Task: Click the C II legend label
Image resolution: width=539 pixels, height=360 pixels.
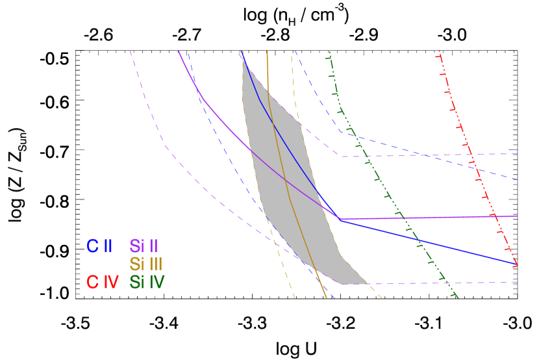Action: click(x=99, y=246)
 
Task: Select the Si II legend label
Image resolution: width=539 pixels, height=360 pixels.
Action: click(x=144, y=246)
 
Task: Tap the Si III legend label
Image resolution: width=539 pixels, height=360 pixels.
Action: click(x=145, y=264)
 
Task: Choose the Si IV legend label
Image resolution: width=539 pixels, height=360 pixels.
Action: click(x=147, y=282)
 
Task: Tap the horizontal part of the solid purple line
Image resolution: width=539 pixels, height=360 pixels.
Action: click(x=429, y=217)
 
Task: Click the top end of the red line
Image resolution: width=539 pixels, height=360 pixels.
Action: click(x=439, y=51)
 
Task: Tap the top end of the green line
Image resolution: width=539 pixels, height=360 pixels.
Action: click(x=329, y=51)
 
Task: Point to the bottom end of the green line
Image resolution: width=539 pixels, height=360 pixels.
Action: click(x=458, y=298)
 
